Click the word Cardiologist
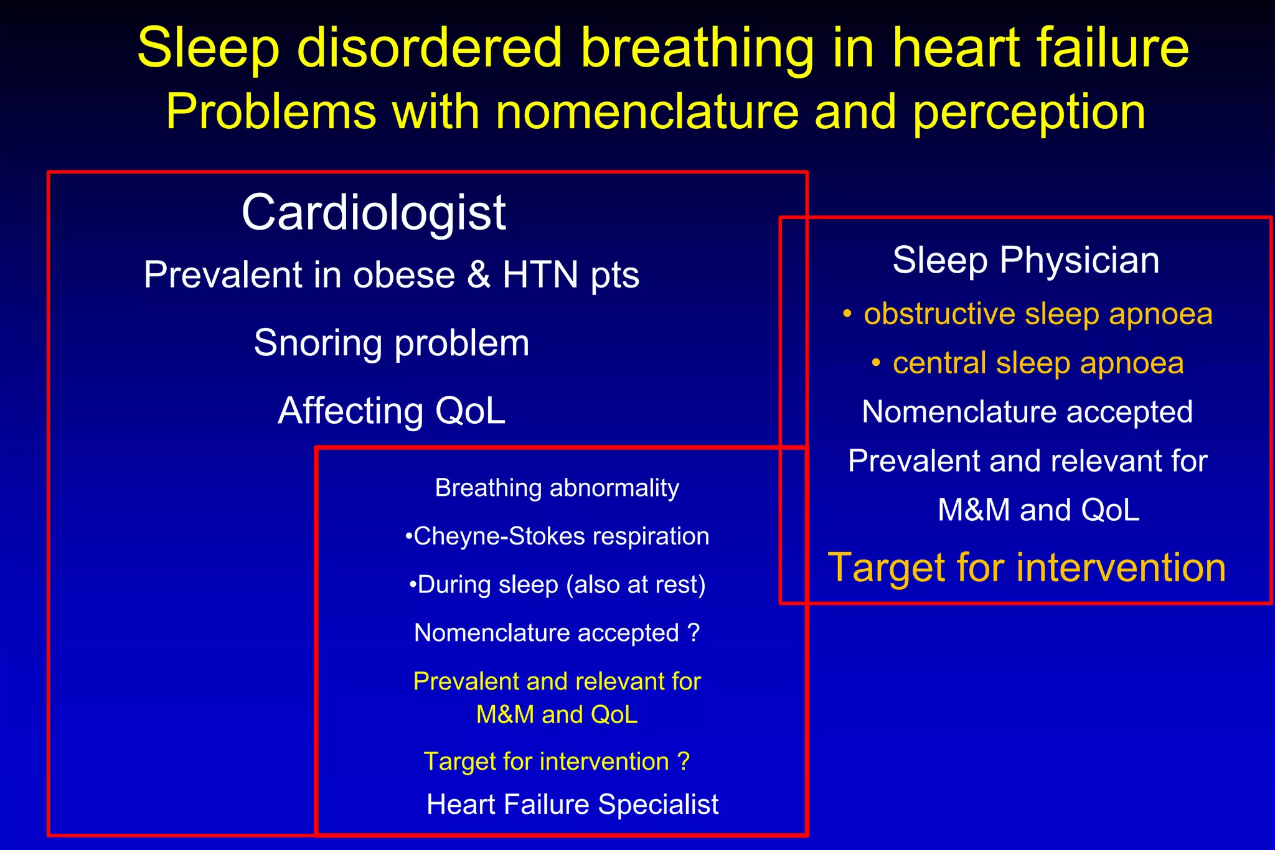(374, 213)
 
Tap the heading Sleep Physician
(1025, 260)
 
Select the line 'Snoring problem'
(392, 343)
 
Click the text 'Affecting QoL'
(392, 411)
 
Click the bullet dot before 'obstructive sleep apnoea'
(847, 314)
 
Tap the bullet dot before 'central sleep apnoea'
(876, 363)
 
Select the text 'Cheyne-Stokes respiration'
(561, 536)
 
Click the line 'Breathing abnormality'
(557, 488)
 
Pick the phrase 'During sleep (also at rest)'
(561, 585)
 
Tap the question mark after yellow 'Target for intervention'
(684, 762)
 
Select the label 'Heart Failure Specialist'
(572, 805)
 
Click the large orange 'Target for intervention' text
(1027, 567)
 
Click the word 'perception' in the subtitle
(1029, 113)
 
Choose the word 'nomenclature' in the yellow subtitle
(647, 113)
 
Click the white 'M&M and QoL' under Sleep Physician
(1038, 510)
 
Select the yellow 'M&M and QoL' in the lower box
(557, 714)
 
